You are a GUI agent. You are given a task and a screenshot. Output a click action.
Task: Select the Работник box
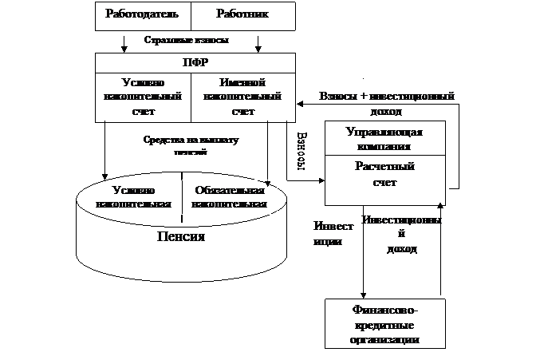(x=241, y=15)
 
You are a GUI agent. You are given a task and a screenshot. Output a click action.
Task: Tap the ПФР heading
(x=195, y=62)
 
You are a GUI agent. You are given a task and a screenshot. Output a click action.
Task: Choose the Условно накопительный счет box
(x=144, y=97)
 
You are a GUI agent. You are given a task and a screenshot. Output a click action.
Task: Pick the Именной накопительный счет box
(x=242, y=97)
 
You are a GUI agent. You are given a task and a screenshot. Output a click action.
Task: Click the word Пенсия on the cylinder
(x=180, y=237)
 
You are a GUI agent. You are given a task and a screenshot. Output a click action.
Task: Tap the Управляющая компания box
(x=384, y=139)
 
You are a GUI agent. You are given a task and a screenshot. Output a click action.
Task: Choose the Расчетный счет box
(x=384, y=175)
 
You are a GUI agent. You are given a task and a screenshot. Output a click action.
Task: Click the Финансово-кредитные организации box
(x=384, y=324)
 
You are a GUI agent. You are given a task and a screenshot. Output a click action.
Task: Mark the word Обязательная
(x=230, y=191)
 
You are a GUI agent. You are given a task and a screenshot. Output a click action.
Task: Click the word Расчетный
(x=384, y=168)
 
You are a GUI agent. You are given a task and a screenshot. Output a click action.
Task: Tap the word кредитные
(x=384, y=325)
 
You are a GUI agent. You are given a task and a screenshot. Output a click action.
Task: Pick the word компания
(x=384, y=146)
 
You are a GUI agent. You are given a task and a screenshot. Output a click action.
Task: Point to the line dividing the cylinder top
(x=183, y=196)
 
